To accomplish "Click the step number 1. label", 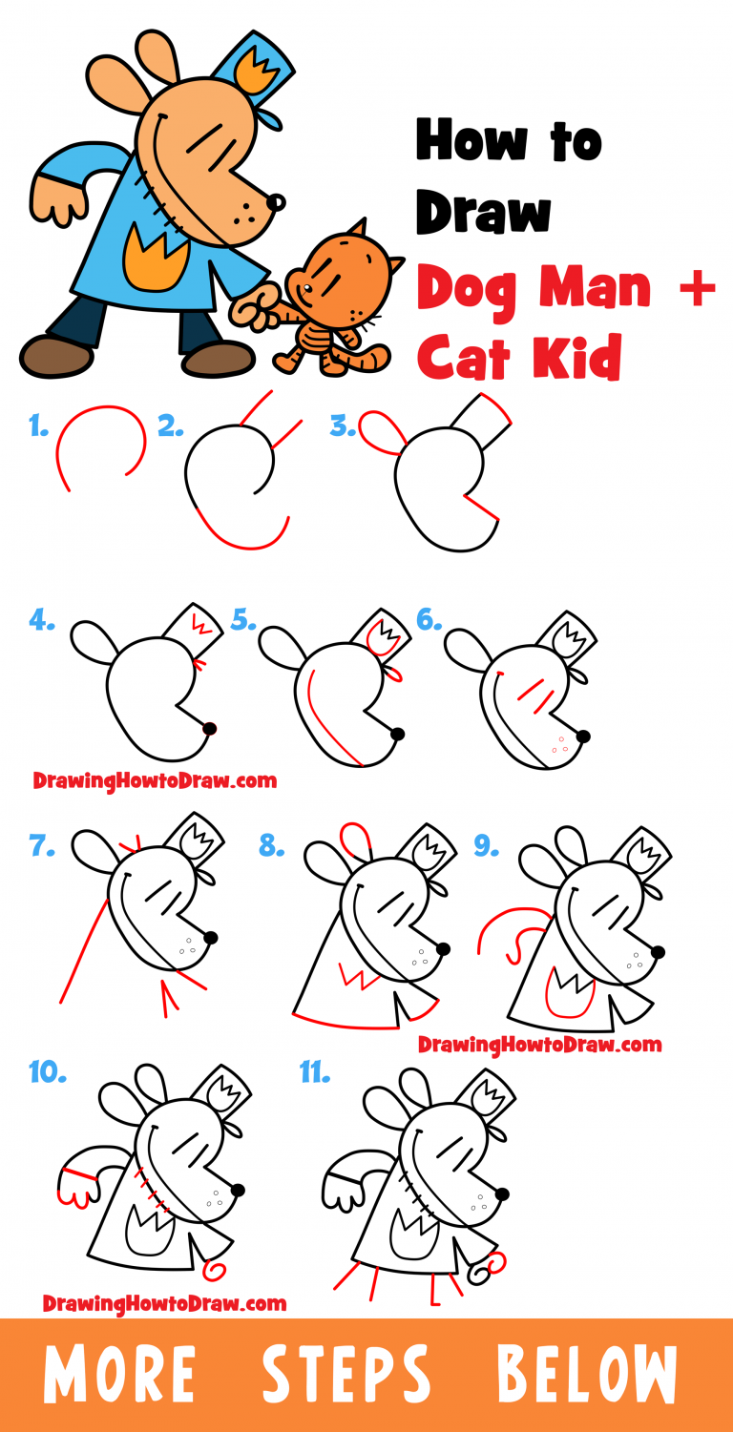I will pyautogui.click(x=39, y=427).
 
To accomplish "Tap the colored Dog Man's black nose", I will pyautogui.click(x=275, y=202).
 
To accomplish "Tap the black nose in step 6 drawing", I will pyautogui.click(x=582, y=737).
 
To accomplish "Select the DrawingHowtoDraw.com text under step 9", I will pyautogui.click(x=539, y=1045).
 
